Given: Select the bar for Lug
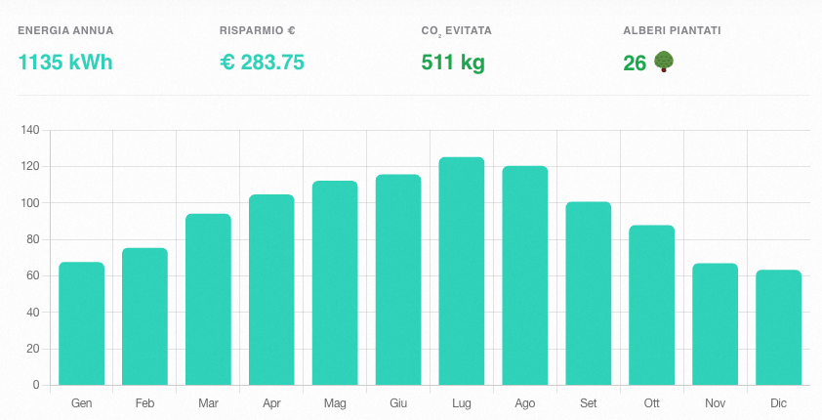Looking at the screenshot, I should pyautogui.click(x=462, y=271).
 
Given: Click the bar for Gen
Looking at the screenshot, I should pyautogui.click(x=81, y=323).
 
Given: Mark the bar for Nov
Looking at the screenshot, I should pyautogui.click(x=716, y=324).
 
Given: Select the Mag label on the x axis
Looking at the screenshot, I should pyautogui.click(x=335, y=403).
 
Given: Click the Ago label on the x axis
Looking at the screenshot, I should pyautogui.click(x=525, y=403).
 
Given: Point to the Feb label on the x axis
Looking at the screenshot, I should pyautogui.click(x=144, y=403).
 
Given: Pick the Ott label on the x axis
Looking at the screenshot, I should pyautogui.click(x=652, y=403).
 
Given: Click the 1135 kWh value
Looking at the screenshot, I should pyautogui.click(x=65, y=63).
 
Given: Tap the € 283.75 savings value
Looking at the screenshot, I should pyautogui.click(x=262, y=63).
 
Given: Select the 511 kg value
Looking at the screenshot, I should pyautogui.click(x=453, y=63).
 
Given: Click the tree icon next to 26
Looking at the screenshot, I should pyautogui.click(x=664, y=63).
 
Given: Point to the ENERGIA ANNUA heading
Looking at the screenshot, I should pyautogui.click(x=65, y=31).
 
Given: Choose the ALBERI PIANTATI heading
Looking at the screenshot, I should pyautogui.click(x=672, y=31).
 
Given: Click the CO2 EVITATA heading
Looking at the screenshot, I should pyautogui.click(x=456, y=31).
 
